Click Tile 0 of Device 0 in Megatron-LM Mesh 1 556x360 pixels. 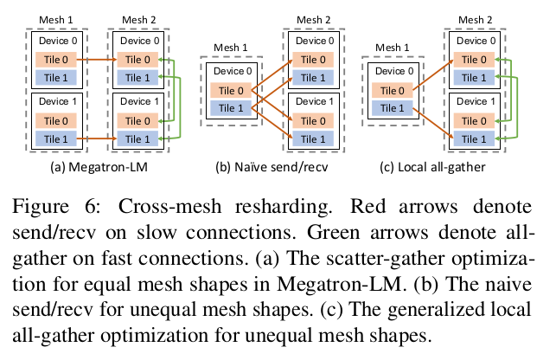[x=58, y=60]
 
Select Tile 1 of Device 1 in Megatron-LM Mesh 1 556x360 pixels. [x=58, y=138]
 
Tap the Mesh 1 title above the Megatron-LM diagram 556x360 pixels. [x=57, y=18]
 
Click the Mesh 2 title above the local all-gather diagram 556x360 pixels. [x=476, y=18]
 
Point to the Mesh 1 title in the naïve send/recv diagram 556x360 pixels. [x=229, y=48]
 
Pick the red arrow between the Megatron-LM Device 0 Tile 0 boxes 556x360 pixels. [x=96, y=60]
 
